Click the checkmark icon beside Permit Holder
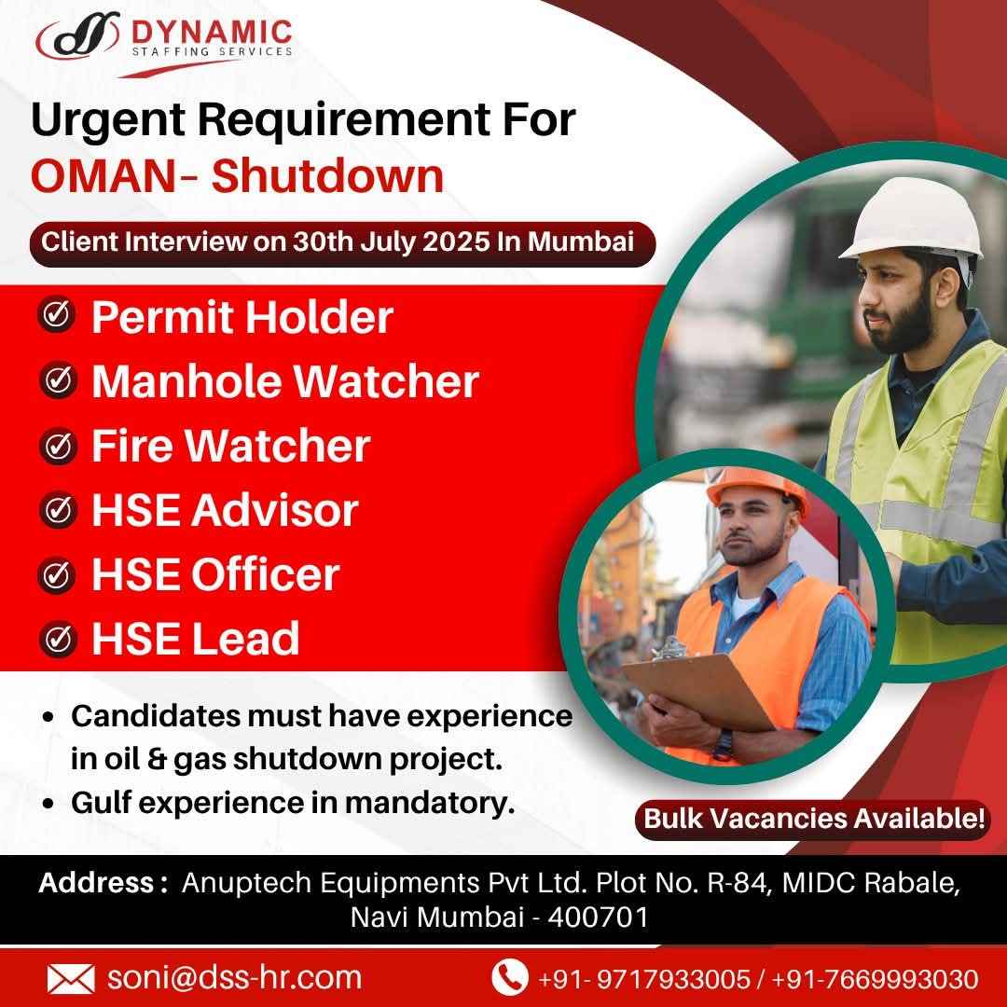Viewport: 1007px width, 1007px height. point(57,315)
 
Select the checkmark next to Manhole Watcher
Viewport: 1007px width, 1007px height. point(57,379)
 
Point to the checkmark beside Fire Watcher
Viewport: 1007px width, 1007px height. point(57,446)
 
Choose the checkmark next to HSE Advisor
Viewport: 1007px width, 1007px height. point(57,510)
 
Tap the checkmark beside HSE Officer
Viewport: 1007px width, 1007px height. point(57,574)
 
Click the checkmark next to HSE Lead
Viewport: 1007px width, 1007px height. point(57,639)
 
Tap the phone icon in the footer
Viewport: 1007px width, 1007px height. point(509,977)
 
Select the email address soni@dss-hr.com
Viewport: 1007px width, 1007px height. point(234,977)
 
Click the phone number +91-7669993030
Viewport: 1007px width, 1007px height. point(876,979)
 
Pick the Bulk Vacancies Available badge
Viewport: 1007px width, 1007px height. point(812,819)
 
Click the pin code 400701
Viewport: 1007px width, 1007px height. point(598,917)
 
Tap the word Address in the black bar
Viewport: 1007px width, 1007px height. point(96,882)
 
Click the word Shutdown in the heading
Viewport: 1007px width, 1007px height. point(327,176)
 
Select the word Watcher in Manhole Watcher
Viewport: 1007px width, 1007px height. point(386,380)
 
